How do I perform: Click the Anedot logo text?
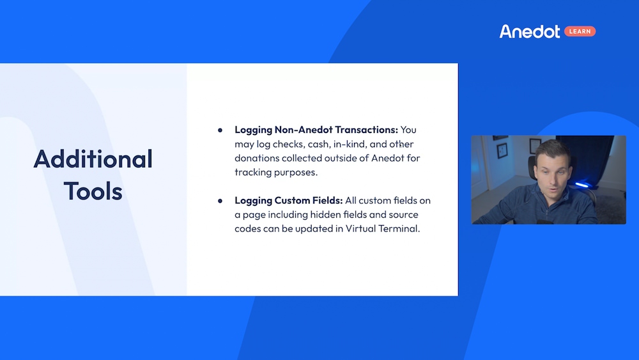pos(530,31)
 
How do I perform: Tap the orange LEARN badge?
pos(580,31)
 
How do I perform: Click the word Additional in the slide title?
pos(93,159)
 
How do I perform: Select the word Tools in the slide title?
pos(93,191)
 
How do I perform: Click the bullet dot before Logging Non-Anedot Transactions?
pos(220,130)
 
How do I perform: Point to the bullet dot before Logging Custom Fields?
pos(220,201)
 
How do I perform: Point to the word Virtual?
pos(360,228)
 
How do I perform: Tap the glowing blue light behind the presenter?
pos(581,185)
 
